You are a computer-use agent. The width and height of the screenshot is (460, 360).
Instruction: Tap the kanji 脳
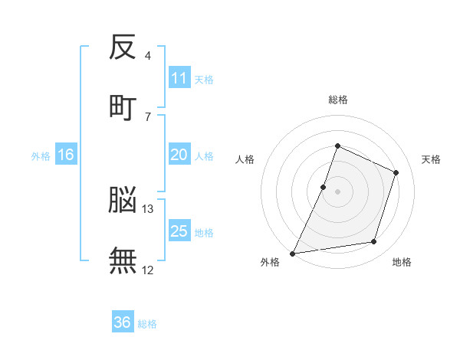pyautogui.click(x=123, y=201)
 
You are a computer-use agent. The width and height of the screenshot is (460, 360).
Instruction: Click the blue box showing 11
pyautogui.click(x=179, y=78)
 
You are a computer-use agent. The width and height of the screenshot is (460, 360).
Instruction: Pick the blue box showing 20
pyautogui.click(x=179, y=155)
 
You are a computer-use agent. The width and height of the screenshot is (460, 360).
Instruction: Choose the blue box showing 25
pyautogui.click(x=179, y=231)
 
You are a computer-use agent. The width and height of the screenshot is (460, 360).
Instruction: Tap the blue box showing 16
pyautogui.click(x=66, y=155)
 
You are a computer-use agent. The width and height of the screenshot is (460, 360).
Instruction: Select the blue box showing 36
pyautogui.click(x=123, y=322)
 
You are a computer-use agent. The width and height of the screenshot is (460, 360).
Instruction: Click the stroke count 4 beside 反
pyautogui.click(x=147, y=56)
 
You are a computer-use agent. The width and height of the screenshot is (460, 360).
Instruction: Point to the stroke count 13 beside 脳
pyautogui.click(x=148, y=208)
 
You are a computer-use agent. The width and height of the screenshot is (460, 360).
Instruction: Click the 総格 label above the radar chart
pyautogui.click(x=337, y=100)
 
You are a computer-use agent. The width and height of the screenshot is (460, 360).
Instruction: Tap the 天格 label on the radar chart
pyautogui.click(x=432, y=160)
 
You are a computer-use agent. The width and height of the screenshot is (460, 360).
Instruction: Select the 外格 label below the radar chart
pyautogui.click(x=270, y=263)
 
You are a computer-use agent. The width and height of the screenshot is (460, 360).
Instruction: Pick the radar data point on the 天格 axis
pyautogui.click(x=396, y=172)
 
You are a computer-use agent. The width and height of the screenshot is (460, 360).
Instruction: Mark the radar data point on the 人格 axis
pyautogui.click(x=324, y=187)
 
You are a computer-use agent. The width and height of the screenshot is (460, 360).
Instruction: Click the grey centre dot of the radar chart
pyautogui.click(x=337, y=191)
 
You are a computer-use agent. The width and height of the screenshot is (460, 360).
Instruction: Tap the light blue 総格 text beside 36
pyautogui.click(x=148, y=324)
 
